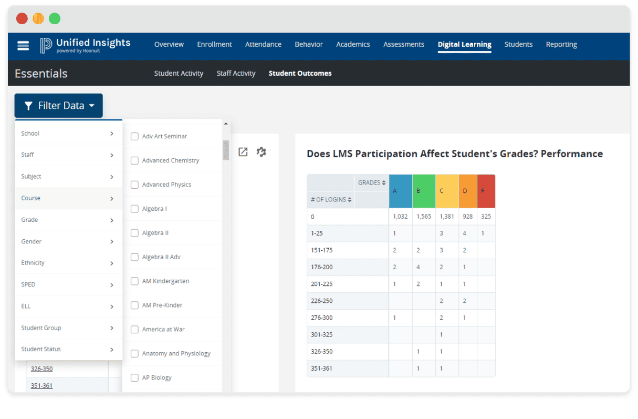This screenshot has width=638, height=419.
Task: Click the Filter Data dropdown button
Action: coord(59,106)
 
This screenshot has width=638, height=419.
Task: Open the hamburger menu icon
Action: coord(23,45)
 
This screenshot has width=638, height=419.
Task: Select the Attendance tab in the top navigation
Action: coord(263,45)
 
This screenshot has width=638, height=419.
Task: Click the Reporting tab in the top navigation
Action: coord(561,45)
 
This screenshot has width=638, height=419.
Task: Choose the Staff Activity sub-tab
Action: coord(236,74)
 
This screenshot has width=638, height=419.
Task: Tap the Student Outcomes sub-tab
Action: coord(300,74)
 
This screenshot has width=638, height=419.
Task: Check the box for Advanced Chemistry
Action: coord(134,160)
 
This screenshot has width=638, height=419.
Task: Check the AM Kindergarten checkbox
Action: coord(134,281)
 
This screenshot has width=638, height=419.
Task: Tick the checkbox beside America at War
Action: coord(134,330)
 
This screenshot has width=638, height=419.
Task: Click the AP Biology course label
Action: coord(156,377)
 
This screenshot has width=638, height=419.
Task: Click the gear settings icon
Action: coord(261,152)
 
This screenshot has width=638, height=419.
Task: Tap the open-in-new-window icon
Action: coord(243,152)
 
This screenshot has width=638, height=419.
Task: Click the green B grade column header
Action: coord(424,191)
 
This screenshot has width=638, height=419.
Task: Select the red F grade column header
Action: coord(486,191)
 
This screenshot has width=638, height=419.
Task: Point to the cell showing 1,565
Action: coord(423,217)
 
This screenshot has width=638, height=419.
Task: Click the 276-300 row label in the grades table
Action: coord(322,318)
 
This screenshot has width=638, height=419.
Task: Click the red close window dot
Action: coord(22,19)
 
